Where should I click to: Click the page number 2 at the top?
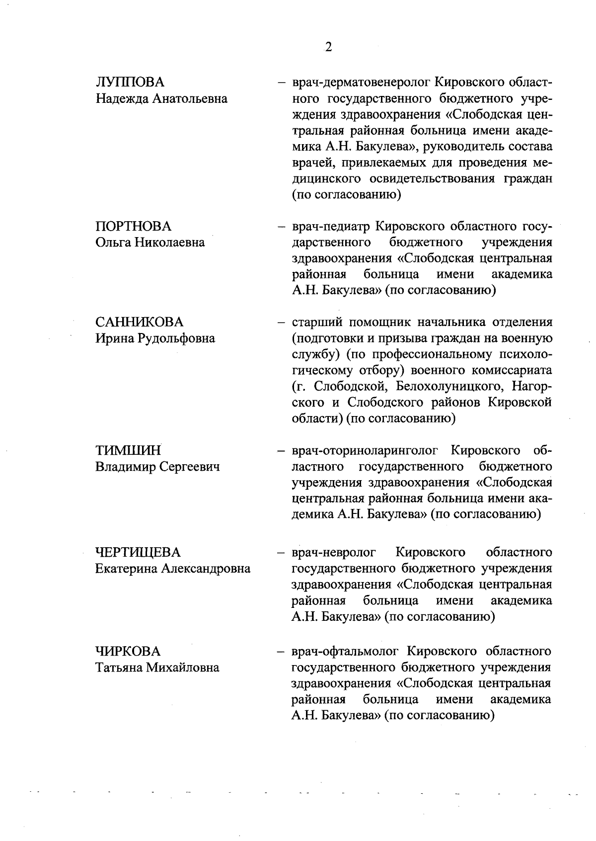coord(328,47)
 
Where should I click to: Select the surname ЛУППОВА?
coord(130,83)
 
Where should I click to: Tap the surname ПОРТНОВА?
coord(133,227)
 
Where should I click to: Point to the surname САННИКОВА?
coord(139,322)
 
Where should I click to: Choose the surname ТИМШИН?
coord(128,451)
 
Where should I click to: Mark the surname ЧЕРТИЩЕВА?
coord(138,552)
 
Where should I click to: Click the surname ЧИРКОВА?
coord(128,651)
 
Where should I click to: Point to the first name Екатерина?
coord(126,569)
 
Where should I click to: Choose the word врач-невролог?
coord(333,552)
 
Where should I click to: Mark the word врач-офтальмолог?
coord(346,651)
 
